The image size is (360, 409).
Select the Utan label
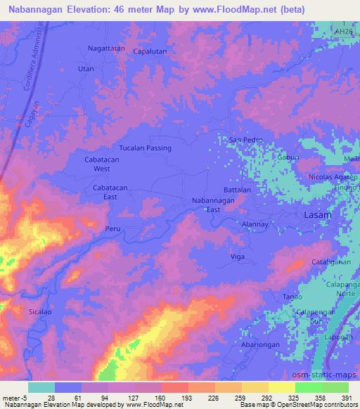[86, 69]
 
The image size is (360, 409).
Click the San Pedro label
[246, 140]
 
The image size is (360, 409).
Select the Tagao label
[292, 297]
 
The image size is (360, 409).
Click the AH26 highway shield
[344, 31]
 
